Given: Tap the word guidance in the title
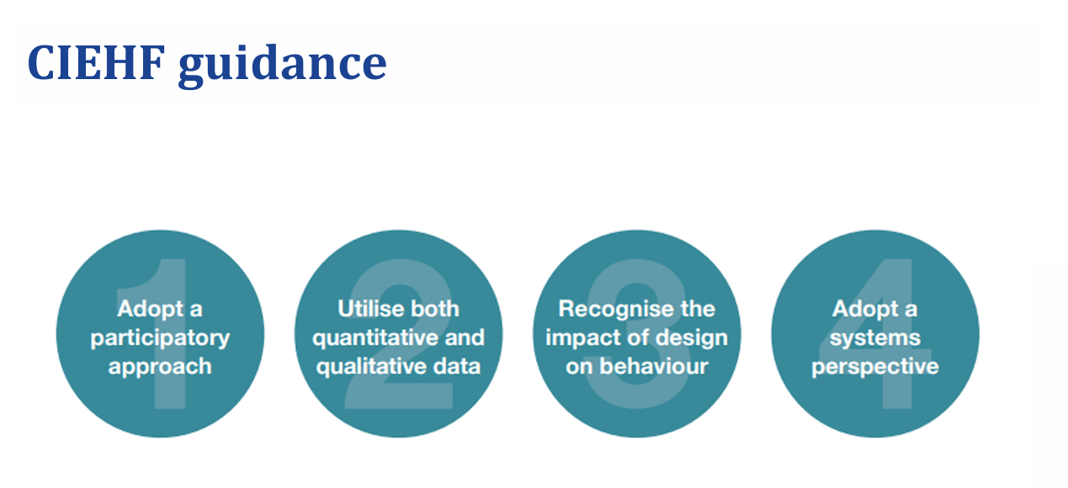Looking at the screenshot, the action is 282,64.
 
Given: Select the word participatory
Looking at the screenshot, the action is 160,338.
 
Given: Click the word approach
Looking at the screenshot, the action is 160,368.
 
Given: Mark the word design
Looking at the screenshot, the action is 690,338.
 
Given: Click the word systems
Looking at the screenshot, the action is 875,338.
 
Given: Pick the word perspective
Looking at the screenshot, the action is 875,368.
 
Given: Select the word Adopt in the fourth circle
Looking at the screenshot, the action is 862,310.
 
